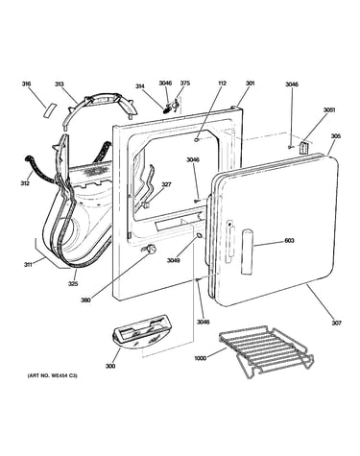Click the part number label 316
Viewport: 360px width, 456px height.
click(26, 84)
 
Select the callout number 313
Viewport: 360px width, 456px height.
click(59, 84)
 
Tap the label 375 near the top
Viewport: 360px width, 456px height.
click(185, 83)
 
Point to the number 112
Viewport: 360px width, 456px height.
click(222, 83)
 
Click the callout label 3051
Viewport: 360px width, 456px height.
click(329, 109)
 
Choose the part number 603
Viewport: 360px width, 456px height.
click(289, 241)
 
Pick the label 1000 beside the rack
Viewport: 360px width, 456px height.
click(200, 358)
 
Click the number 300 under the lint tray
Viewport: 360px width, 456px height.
click(110, 366)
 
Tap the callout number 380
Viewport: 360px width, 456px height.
click(85, 300)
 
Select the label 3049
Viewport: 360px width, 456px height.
click(173, 260)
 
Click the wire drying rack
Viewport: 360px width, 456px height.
click(266, 351)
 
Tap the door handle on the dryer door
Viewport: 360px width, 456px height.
click(248, 252)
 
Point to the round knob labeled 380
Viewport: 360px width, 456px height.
click(151, 249)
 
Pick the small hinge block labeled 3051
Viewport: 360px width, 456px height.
click(303, 148)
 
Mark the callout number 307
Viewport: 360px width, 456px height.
click(336, 323)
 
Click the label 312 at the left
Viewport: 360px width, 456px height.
click(25, 183)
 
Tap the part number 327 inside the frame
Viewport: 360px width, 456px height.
click(166, 184)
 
